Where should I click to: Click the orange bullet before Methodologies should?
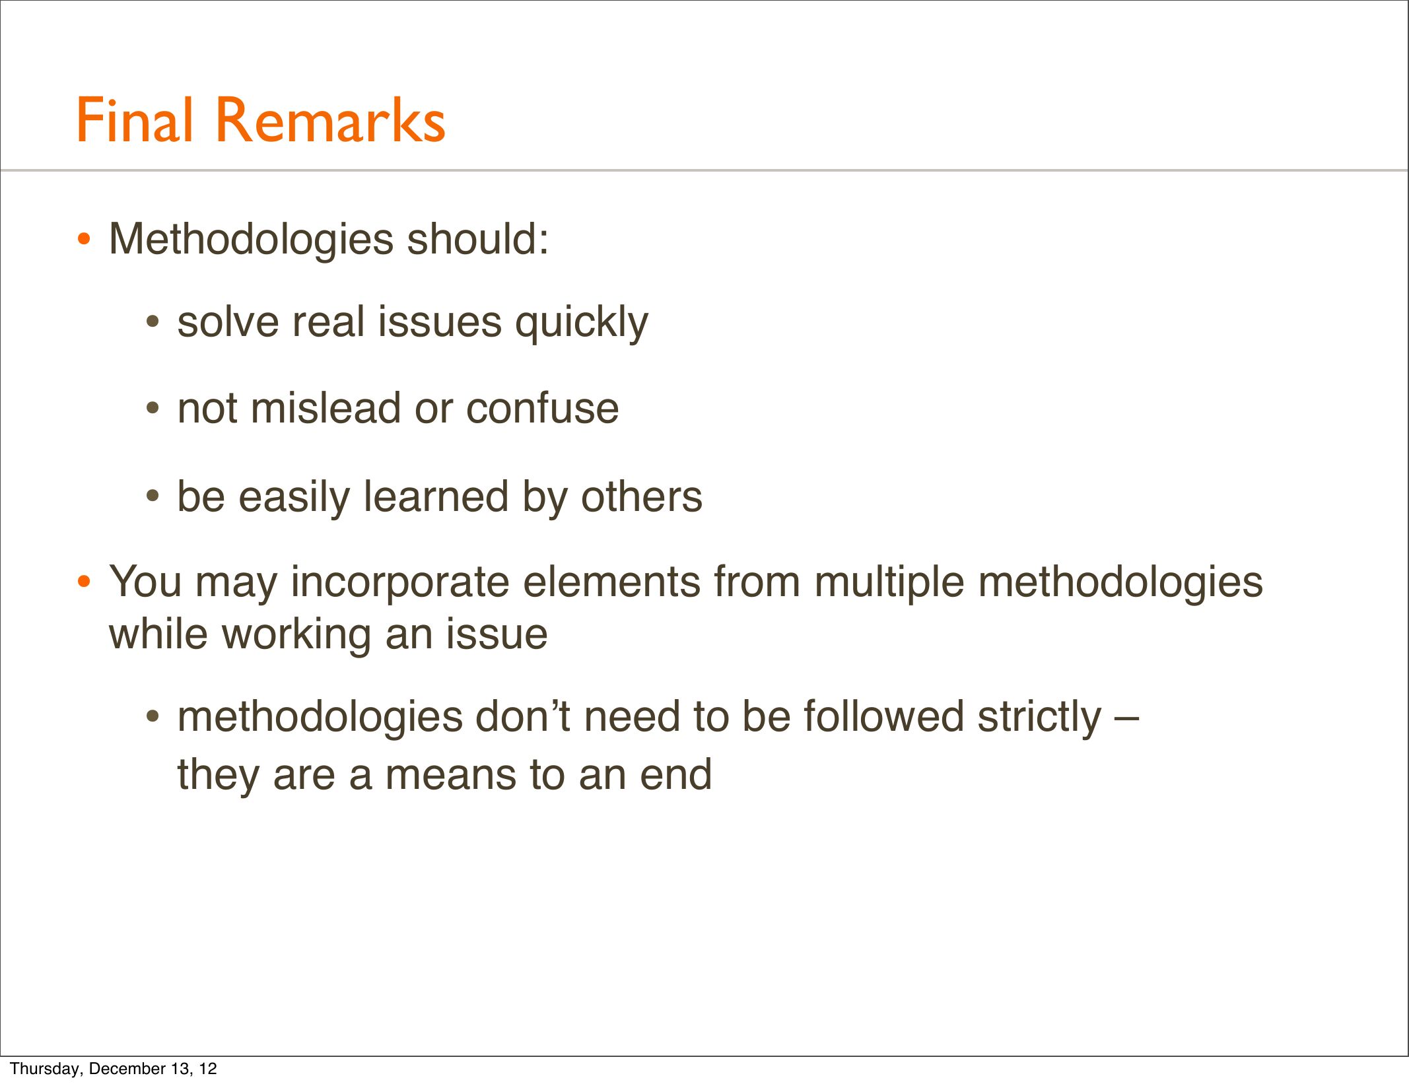(83, 239)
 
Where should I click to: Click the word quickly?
(582, 323)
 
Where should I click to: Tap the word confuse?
(543, 408)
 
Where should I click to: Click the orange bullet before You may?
(83, 582)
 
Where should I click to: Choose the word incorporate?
(399, 583)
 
